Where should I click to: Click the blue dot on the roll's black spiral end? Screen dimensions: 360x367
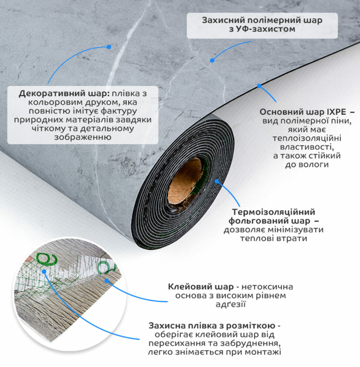click(x=217, y=181)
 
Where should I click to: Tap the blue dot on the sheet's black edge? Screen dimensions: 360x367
click(x=259, y=86)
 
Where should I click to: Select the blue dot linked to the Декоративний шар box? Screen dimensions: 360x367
click(x=108, y=47)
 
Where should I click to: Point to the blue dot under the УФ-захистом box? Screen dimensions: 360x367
click(x=212, y=61)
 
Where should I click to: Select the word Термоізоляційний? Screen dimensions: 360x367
click(x=273, y=212)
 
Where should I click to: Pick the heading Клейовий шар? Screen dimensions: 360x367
click(x=200, y=287)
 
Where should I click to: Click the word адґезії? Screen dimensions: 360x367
click(x=230, y=304)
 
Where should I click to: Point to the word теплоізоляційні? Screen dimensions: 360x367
click(x=307, y=139)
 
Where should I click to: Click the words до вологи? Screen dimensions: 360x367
click(x=307, y=165)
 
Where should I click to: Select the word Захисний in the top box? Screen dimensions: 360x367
click(x=223, y=20)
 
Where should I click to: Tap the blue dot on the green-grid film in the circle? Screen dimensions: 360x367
click(x=44, y=271)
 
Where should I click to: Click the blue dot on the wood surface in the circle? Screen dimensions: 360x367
click(x=107, y=280)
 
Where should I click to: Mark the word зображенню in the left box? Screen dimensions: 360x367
click(x=83, y=137)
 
